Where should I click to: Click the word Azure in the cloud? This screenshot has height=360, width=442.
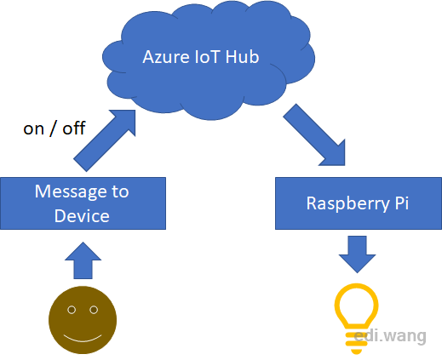pos(166,57)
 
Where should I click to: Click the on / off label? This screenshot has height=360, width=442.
pos(55,129)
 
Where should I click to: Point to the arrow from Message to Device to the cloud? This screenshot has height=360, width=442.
pos(105,140)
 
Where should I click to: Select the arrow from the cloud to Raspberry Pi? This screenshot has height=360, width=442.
pos(314,134)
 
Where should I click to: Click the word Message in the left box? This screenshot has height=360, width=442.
pos(71,192)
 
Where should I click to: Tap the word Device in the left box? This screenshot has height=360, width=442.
pos(82,216)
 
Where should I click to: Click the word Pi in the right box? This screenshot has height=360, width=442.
pos(402,203)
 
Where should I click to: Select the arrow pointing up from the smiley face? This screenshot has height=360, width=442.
pos(83,260)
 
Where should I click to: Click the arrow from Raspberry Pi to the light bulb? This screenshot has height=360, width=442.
pos(357,254)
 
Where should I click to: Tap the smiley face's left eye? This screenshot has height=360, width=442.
pos(72,310)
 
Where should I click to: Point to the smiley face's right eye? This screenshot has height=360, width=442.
pos(94,310)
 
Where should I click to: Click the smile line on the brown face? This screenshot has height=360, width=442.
pos(83,340)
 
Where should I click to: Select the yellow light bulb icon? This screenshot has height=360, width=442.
pos(357,318)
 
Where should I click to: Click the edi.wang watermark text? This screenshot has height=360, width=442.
pos(390,336)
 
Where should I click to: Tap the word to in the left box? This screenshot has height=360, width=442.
pos(120,191)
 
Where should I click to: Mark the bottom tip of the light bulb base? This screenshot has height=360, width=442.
pos(357,354)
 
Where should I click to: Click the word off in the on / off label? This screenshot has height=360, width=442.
pos(74,128)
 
